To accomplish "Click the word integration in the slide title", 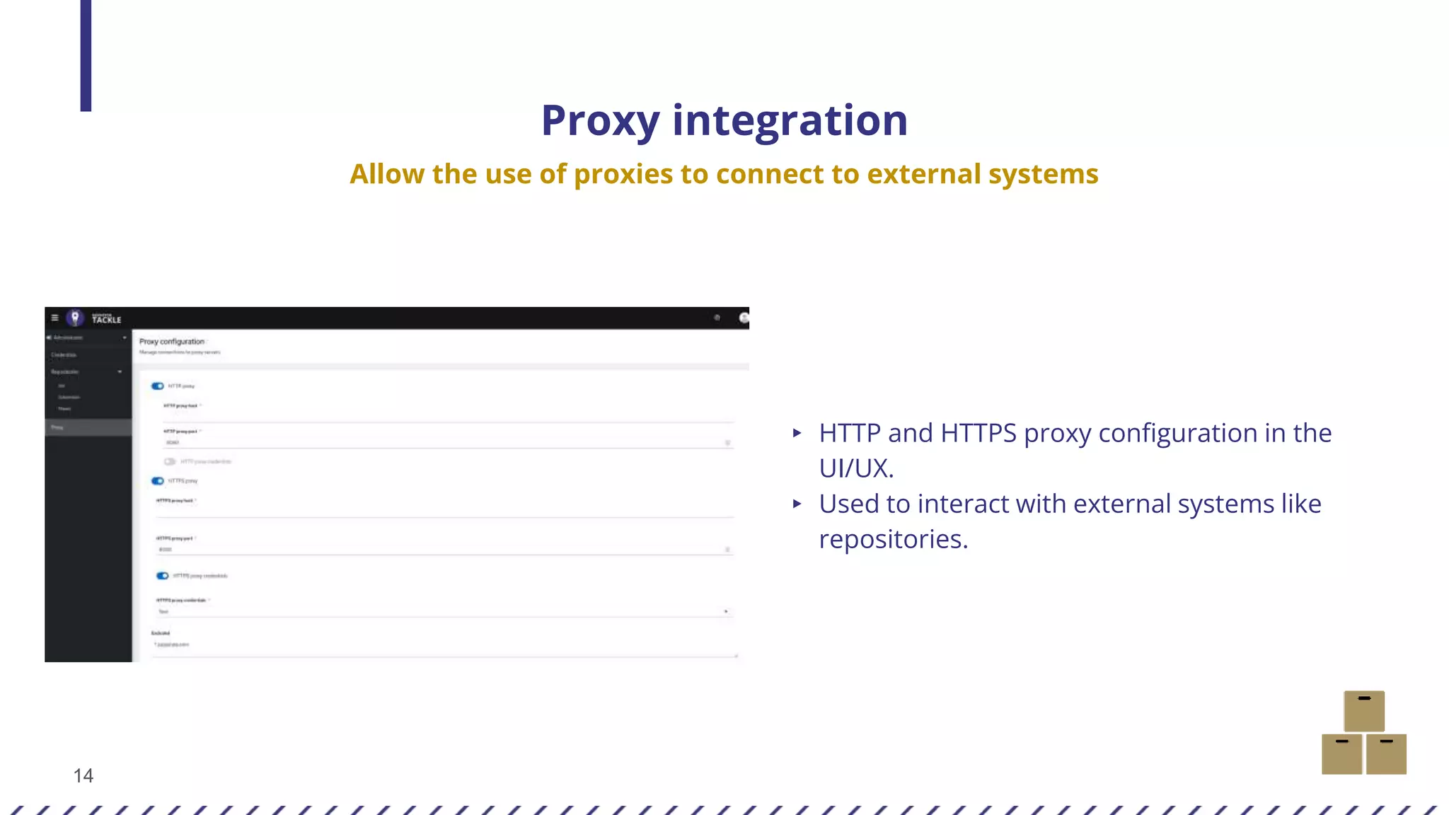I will pyautogui.click(x=790, y=121).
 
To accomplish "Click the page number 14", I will pyautogui.click(x=83, y=776).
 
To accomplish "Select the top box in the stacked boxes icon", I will pyautogui.click(x=1363, y=711).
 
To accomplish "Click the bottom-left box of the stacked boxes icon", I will pyautogui.click(x=1341, y=754).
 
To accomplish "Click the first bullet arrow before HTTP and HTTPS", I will pyautogui.click(x=797, y=433).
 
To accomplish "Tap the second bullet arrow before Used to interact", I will pyautogui.click(x=797, y=504).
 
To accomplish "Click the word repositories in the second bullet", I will pyautogui.click(x=893, y=540).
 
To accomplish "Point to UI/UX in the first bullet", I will pyautogui.click(x=856, y=468).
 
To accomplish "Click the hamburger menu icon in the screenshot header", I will pyautogui.click(x=55, y=318).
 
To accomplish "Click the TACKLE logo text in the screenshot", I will pyautogui.click(x=106, y=319).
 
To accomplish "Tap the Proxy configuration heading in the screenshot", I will pyautogui.click(x=172, y=342).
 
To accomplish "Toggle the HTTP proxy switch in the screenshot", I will pyautogui.click(x=158, y=386).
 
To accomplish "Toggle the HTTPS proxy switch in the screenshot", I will pyautogui.click(x=158, y=481).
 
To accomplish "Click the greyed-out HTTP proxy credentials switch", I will pyautogui.click(x=170, y=461).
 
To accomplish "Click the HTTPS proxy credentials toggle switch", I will pyautogui.click(x=163, y=576).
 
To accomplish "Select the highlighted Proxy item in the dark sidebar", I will pyautogui.click(x=88, y=427).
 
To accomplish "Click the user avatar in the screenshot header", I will pyautogui.click(x=744, y=318).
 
